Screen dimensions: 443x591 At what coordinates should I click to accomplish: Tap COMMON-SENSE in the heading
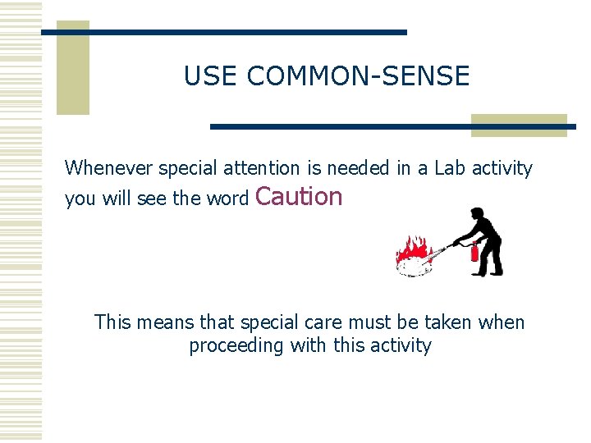pyautogui.click(x=358, y=76)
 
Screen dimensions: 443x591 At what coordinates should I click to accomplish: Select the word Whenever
pyautogui.click(x=108, y=168)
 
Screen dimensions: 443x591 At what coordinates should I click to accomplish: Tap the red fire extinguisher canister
pyautogui.click(x=474, y=251)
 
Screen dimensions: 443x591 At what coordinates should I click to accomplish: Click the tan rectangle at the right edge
pyautogui.click(x=519, y=125)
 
